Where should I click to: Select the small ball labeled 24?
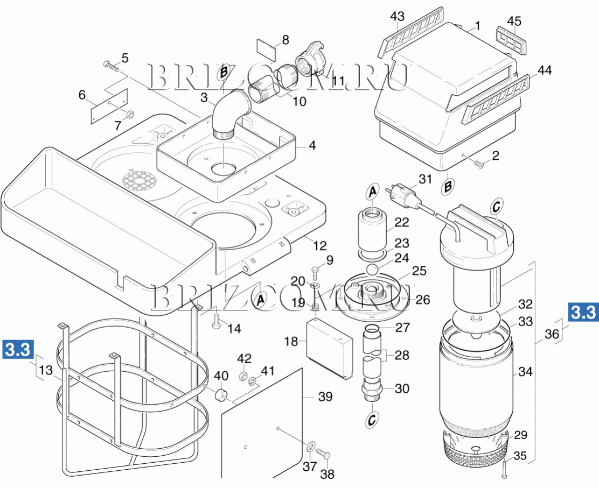(x=372, y=270)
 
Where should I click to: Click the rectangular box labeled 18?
(x=329, y=349)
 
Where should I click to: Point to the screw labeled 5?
(x=111, y=66)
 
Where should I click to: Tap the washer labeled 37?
(x=311, y=445)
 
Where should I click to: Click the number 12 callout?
(x=319, y=245)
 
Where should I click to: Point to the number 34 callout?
(x=525, y=371)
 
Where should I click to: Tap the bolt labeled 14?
(x=217, y=321)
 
